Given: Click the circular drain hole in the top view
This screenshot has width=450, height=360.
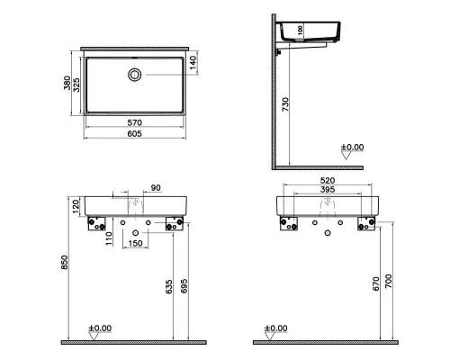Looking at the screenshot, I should [x=135, y=75].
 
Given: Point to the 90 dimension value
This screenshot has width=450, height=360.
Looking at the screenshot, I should [x=155, y=188].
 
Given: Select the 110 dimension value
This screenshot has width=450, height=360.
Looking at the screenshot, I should [x=107, y=238].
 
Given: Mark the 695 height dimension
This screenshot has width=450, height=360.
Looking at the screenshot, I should [x=184, y=286].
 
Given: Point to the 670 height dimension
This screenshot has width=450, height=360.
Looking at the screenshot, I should [x=376, y=283].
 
